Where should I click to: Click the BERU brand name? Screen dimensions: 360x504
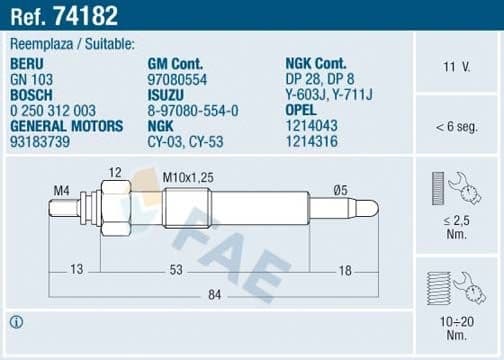click(x=28, y=62)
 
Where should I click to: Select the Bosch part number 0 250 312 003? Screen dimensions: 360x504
click(x=53, y=110)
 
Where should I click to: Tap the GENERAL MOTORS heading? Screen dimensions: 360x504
click(x=66, y=126)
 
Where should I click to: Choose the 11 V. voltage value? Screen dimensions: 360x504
click(x=457, y=67)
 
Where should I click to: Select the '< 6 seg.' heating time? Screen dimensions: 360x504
click(x=457, y=127)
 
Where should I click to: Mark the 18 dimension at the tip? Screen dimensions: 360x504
click(x=345, y=269)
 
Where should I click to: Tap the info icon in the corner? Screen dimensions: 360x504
click(x=16, y=322)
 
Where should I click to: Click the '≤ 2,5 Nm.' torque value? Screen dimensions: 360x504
click(x=456, y=225)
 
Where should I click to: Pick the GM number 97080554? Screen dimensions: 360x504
click(x=176, y=78)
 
